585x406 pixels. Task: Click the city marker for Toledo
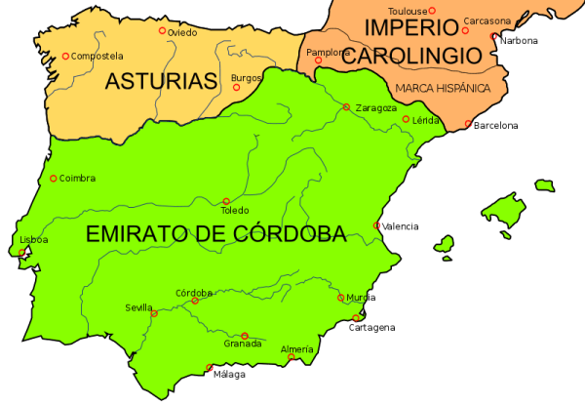click(226, 202)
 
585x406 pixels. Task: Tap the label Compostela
click(97, 57)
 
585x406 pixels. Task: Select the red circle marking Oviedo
click(163, 31)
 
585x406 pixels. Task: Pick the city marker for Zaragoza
click(346, 106)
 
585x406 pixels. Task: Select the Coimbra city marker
click(53, 179)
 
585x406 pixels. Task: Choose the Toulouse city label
click(408, 10)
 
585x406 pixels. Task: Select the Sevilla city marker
click(154, 314)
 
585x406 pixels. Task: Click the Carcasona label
click(487, 20)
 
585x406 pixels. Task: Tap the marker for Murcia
click(340, 298)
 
